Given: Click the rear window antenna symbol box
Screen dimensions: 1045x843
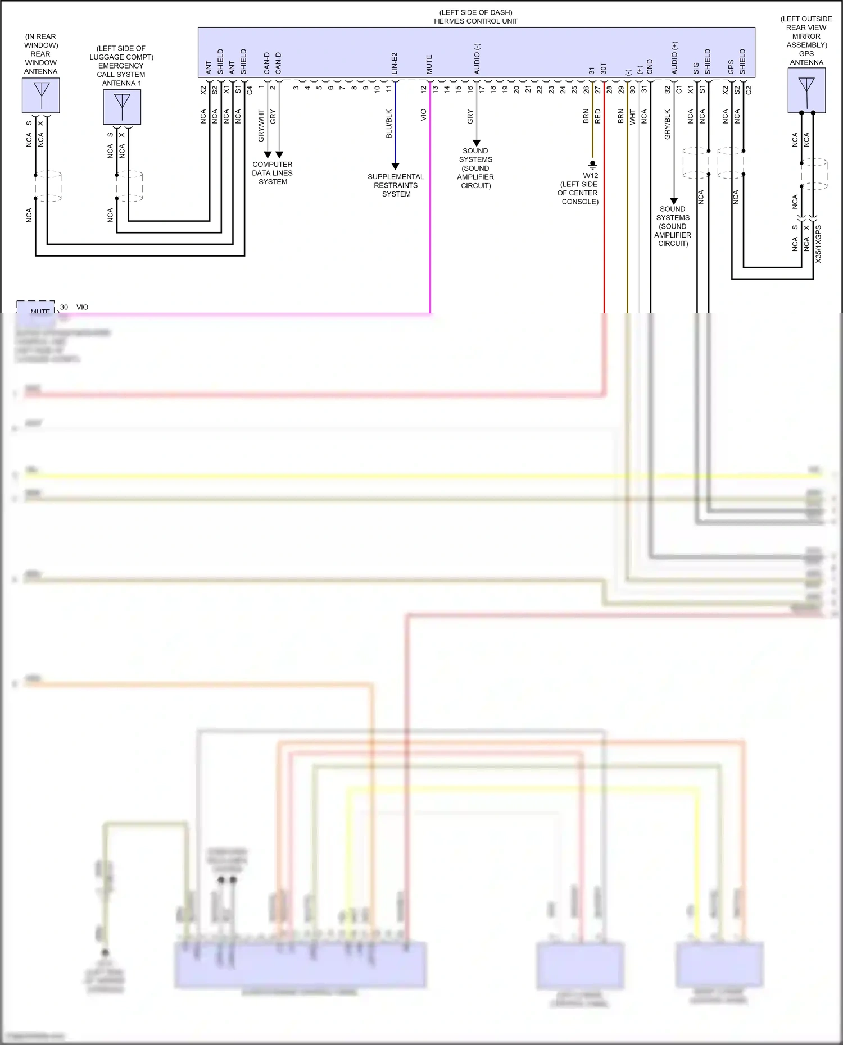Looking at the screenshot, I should pos(41,95).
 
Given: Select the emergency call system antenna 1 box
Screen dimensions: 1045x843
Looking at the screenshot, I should pos(122,107).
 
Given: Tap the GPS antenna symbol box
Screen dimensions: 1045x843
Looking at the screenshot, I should pos(806,90).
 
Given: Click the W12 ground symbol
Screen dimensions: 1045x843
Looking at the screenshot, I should pos(592,165).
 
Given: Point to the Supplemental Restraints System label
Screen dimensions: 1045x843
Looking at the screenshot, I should pos(396,185).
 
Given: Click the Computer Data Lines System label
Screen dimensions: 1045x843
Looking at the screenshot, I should pos(273,173).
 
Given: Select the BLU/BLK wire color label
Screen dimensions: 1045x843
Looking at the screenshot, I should pos(389,124).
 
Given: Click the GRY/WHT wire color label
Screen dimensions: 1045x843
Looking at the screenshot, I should pos(261,125).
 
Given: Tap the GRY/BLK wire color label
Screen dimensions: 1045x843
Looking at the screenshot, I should pos(667,124).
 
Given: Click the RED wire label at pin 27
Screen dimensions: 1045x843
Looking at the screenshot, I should pos(597,116).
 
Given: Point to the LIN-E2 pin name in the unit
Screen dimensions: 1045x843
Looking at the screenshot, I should pos(395,63).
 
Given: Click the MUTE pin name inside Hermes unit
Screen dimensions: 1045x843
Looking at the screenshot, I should pos(429,65).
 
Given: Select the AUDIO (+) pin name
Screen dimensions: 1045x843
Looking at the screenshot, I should pos(674,58).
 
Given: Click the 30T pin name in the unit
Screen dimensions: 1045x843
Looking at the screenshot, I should pos(604,68).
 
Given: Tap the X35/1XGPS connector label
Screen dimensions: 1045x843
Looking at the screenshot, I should pos(818,244).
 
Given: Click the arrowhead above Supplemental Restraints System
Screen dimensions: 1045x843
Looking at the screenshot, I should pos(395,166).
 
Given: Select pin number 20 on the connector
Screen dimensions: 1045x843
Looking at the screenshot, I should pos(516,89).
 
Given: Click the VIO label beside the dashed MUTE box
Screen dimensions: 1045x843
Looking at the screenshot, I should pos(82,307).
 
